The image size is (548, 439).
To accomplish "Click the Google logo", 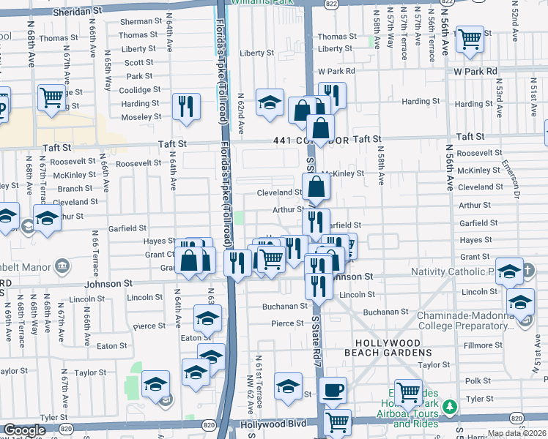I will coord(24,431).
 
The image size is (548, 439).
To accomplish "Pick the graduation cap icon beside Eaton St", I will coord(207,318).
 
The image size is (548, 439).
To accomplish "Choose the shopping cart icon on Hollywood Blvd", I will coord(336,421).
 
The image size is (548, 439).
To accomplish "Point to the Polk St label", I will coord(477,381).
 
